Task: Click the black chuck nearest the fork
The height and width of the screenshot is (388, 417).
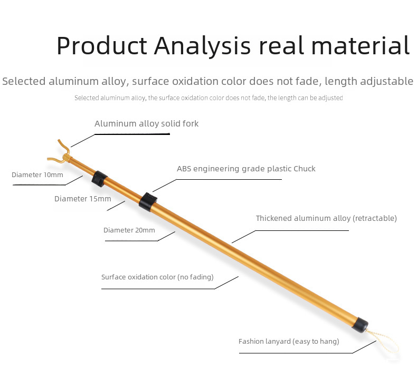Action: coord(99,179)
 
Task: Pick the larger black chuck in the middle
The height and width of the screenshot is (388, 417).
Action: coord(148,202)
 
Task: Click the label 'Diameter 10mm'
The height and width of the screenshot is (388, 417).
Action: coord(37,174)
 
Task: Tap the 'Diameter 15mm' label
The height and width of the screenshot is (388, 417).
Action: coord(83,199)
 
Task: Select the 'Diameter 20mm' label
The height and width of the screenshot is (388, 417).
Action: coord(129,230)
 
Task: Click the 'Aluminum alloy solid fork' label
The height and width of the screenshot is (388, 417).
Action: coord(147,124)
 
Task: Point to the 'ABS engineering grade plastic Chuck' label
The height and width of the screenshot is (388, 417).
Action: coord(247,169)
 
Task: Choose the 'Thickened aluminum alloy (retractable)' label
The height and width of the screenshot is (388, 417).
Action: coord(326,218)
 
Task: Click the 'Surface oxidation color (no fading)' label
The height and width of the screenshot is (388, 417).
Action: coord(157,277)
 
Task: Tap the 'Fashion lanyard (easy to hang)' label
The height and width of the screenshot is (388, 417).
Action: coord(289,341)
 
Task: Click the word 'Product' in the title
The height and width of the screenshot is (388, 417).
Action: coord(102,46)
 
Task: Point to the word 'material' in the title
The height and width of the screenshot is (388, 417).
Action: coord(361,45)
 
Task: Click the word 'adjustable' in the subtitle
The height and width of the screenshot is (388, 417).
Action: coord(387,82)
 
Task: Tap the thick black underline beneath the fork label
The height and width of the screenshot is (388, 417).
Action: coord(132,134)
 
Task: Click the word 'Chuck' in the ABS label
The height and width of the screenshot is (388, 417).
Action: coord(305,169)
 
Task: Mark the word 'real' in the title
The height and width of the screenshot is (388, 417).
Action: coord(281,45)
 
